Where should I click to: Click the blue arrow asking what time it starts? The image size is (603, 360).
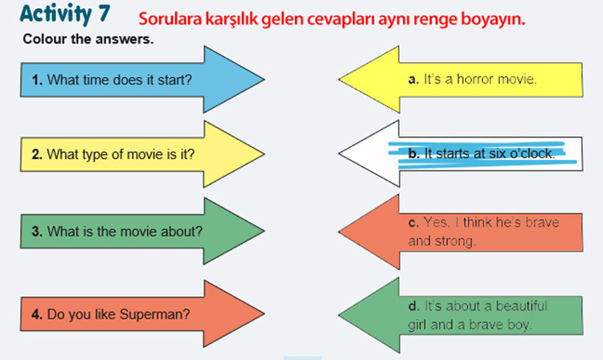pos(142,80)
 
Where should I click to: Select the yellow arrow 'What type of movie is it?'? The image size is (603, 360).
pos(142,154)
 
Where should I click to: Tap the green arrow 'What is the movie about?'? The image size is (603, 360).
pos(142,231)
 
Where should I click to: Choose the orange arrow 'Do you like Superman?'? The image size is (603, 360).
pos(142,314)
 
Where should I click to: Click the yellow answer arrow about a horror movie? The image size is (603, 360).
pos(461,80)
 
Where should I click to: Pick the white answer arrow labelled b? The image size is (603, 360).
pos(461,153)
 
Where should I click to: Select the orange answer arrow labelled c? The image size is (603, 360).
pos(461,231)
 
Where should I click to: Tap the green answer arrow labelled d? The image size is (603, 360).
pos(461,315)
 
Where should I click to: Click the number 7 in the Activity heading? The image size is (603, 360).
pos(104,13)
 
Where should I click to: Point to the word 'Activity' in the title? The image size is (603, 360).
pos(56,14)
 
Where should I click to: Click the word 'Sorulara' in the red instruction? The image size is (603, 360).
pos(170,18)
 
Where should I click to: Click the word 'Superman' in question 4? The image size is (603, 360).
pos(155,314)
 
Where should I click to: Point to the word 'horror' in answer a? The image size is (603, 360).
pos(475,79)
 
